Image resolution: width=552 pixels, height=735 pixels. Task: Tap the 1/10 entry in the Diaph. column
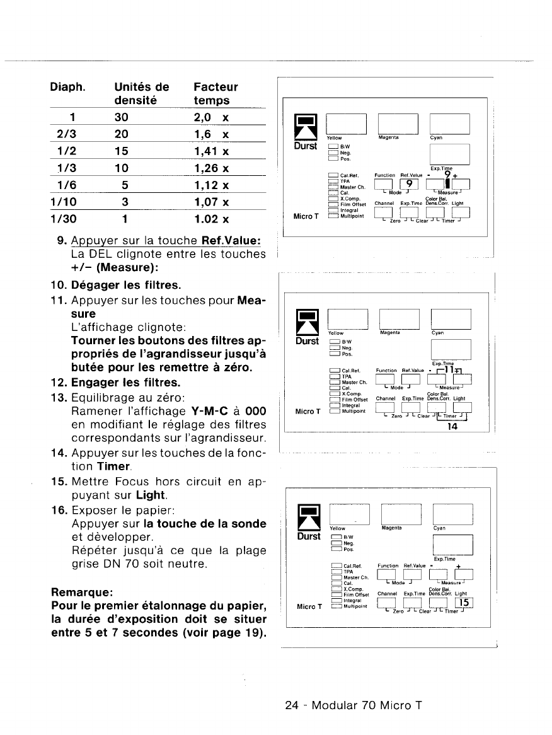point(62,203)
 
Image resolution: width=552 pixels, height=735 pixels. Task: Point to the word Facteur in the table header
point(216,87)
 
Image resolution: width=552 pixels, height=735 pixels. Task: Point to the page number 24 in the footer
point(292,705)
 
